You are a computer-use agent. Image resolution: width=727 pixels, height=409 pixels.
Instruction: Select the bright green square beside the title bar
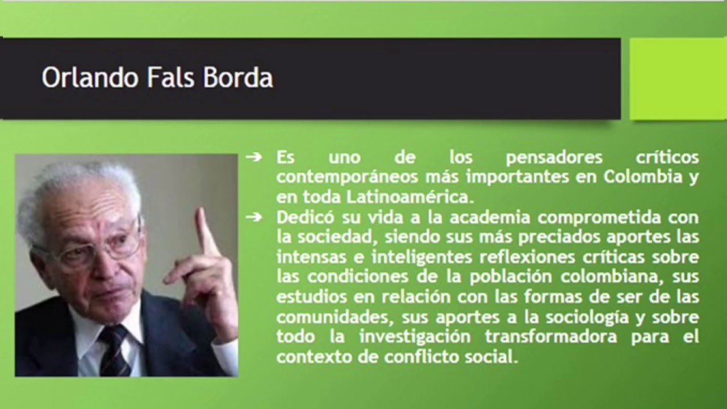click(x=678, y=78)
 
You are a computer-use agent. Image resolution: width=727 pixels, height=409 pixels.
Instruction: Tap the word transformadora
click(x=551, y=337)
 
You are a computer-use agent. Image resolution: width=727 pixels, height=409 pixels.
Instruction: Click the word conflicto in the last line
click(x=418, y=357)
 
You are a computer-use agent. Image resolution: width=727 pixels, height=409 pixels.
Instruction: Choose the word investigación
click(x=415, y=337)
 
